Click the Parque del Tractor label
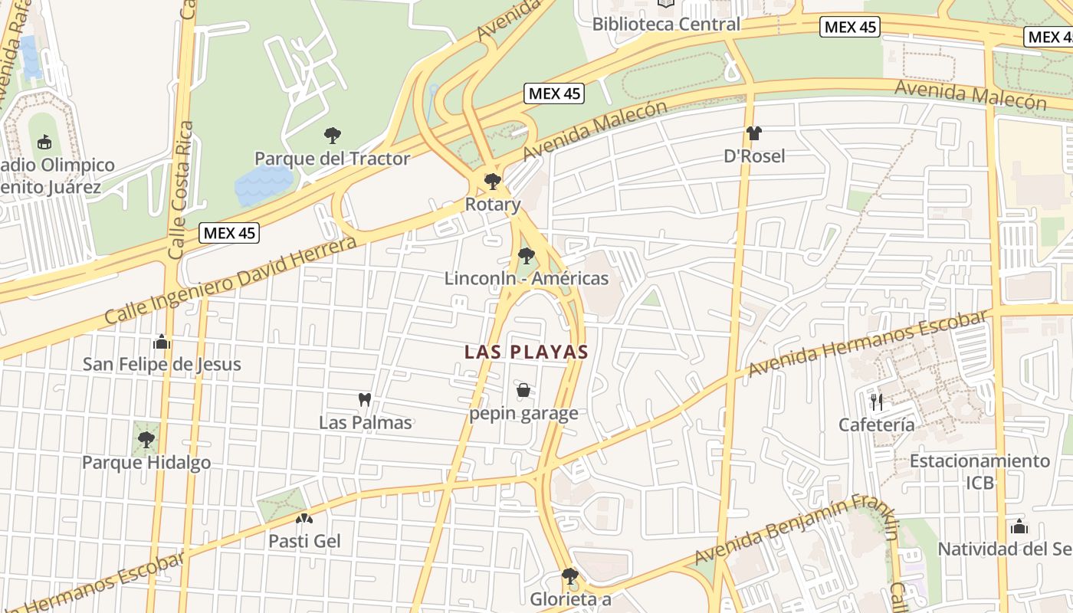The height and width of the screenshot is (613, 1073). click(332, 159)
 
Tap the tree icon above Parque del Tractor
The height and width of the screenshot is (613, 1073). click(332, 136)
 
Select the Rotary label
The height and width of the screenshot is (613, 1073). click(493, 205)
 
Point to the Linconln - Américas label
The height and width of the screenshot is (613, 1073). click(527, 278)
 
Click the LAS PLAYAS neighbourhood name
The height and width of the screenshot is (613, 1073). click(527, 352)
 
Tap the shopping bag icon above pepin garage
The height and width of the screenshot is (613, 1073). click(523, 391)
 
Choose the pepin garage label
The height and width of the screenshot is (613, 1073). click(523, 414)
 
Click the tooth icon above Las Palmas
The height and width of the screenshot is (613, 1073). click(365, 399)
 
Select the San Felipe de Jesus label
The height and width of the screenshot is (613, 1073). click(162, 364)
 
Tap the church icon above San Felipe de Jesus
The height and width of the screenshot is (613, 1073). click(162, 341)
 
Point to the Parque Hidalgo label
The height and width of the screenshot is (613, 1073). click(146, 463)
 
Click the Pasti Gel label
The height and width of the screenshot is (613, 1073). click(304, 541)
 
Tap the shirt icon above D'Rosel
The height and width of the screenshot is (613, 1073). click(754, 133)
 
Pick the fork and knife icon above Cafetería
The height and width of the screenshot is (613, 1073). click(877, 402)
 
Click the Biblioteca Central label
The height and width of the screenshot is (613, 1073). click(666, 24)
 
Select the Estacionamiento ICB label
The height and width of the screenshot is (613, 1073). click(979, 471)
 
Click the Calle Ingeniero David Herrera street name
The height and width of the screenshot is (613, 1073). click(230, 280)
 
